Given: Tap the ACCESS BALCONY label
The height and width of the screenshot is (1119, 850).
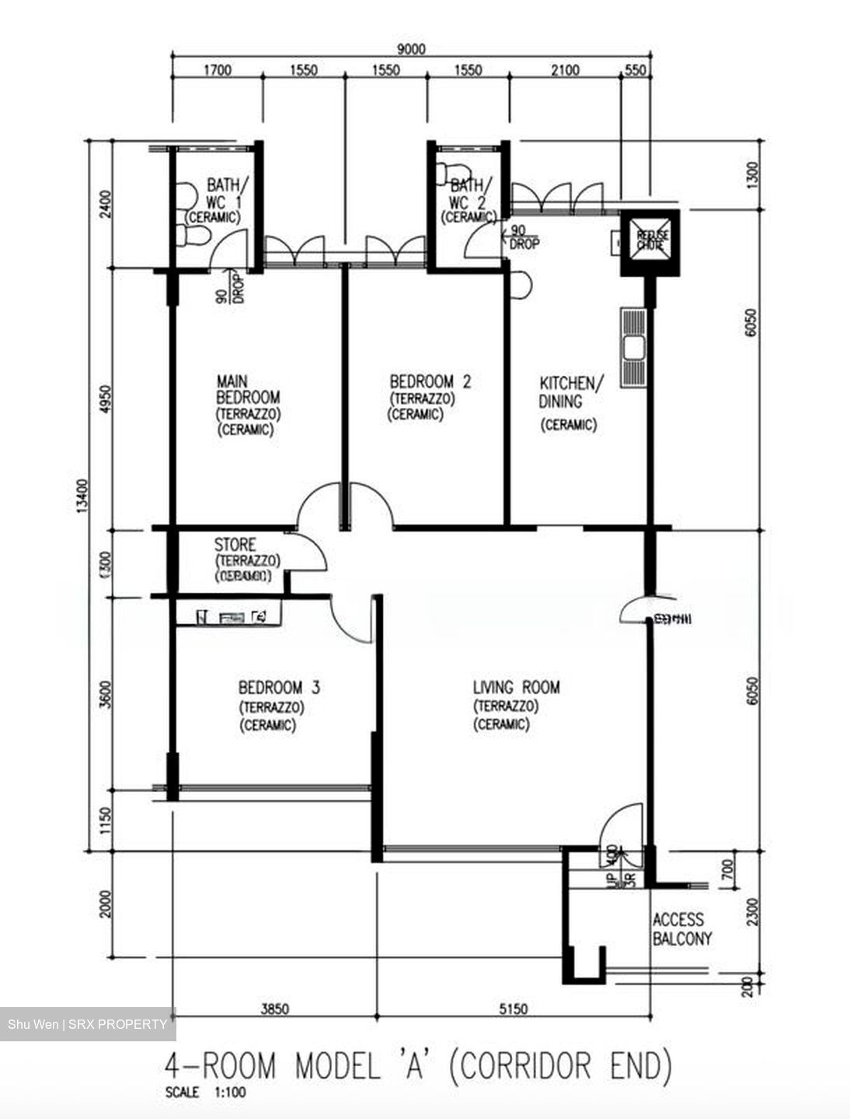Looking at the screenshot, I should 681,929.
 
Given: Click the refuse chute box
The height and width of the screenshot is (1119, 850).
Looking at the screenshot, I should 650,241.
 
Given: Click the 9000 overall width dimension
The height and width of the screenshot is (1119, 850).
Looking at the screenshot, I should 411,50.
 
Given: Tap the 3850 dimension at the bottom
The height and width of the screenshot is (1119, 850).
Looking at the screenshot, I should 274,1009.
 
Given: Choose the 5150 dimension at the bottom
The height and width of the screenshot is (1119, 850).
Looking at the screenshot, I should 513,1009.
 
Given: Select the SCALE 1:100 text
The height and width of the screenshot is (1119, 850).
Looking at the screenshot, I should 205,1092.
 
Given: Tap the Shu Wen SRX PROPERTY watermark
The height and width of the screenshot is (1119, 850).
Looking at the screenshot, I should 87,1024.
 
